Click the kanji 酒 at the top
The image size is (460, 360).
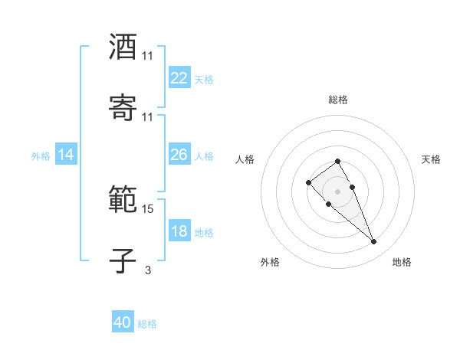123,47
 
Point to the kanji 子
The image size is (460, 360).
123,261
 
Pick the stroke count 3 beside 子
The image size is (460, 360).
148,270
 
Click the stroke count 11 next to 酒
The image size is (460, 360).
148,56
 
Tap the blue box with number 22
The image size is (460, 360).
179,77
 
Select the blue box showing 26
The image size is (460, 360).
179,155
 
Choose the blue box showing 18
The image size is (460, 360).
179,231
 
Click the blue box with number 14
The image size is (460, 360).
66,155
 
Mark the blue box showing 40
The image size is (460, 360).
123,322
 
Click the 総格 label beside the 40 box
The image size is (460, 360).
147,324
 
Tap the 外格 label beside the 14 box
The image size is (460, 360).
41,156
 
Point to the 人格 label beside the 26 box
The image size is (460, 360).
204,156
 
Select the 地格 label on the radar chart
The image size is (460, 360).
402,263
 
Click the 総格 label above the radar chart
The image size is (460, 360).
338,100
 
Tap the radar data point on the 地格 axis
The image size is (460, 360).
373,242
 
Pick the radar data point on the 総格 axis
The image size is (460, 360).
338,161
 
